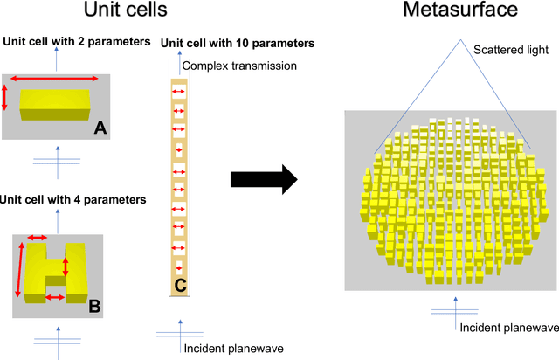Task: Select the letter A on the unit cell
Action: point(100,128)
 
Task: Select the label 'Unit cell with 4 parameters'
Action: point(72,199)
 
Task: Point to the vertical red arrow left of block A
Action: point(7,96)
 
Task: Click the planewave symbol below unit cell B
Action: point(58,339)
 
